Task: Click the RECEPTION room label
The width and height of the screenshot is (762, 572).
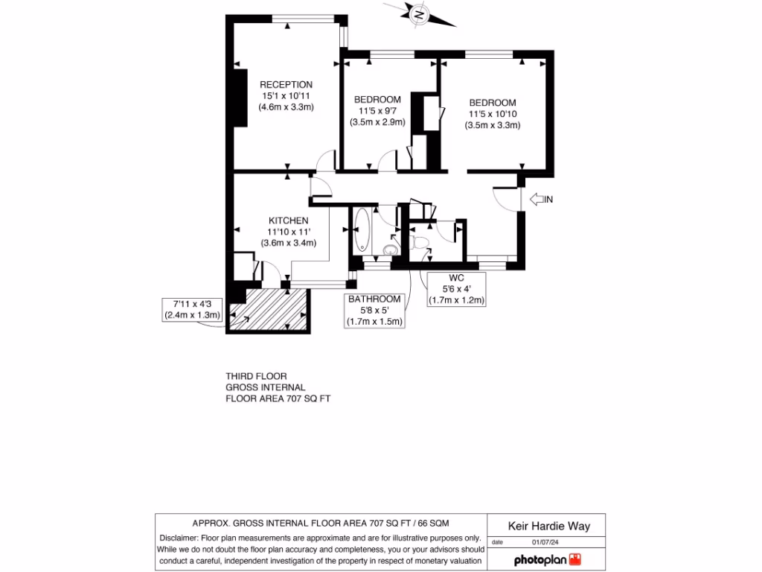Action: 286,85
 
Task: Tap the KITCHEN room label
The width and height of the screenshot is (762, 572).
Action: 288,220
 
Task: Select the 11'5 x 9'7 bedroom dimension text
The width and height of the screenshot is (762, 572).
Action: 377,111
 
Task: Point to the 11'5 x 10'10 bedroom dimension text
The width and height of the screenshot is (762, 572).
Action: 492,114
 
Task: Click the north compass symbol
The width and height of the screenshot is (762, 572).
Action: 420,14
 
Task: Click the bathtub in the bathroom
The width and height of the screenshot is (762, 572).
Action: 362,231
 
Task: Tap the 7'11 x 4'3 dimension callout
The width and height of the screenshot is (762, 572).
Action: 193,309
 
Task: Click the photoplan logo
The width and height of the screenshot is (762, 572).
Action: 546,559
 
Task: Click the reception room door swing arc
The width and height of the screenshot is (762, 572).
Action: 325,159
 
